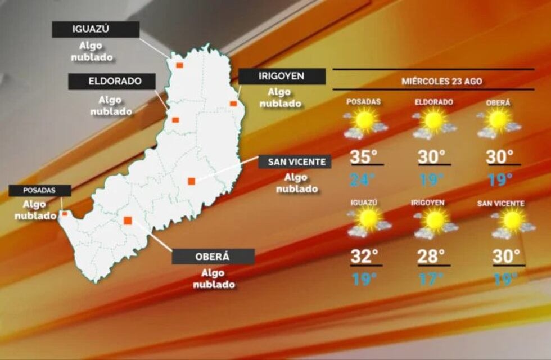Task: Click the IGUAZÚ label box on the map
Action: point(96,29)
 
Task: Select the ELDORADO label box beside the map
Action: point(112,81)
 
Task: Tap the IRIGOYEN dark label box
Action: point(282,76)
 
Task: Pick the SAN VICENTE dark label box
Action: point(295,162)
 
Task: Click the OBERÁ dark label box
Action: point(213,256)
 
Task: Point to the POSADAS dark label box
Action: point(40,191)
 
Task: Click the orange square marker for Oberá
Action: point(128,220)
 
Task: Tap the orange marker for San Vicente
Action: point(191,181)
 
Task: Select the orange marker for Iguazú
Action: point(179,65)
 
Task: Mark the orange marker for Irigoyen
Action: point(233,103)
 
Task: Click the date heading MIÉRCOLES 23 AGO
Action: point(441,81)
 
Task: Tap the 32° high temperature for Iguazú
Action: point(364,256)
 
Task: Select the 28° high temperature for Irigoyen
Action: point(431,256)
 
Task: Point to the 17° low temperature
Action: point(431,279)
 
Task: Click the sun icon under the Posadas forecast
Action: point(365,120)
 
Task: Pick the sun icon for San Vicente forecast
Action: point(512,220)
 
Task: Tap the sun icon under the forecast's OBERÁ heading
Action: point(498,120)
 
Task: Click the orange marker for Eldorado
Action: point(175,120)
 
